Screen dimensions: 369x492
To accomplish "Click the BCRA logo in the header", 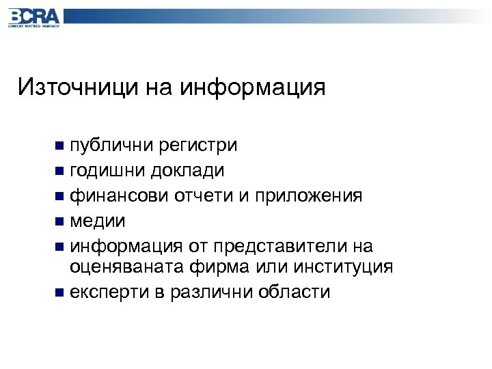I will pyautogui.click(x=34, y=16).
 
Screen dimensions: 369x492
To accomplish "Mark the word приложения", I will pyautogui.click(x=308, y=195).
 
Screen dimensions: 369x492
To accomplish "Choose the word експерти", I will pyautogui.click(x=110, y=292).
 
